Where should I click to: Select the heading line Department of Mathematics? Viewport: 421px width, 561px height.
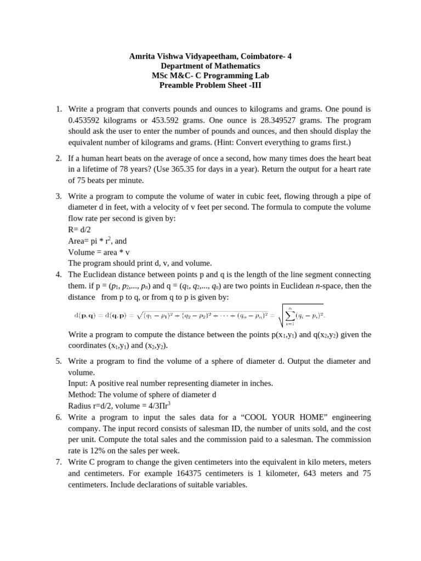(210, 66)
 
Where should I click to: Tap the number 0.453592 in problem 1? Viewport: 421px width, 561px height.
(86, 120)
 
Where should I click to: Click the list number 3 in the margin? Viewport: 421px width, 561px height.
(59, 196)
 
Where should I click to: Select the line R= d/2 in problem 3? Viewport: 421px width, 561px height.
(81, 229)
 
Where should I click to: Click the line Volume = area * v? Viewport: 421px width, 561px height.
(99, 252)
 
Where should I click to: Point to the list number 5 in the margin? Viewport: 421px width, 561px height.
(59, 361)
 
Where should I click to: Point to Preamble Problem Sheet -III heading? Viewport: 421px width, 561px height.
(210, 85)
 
